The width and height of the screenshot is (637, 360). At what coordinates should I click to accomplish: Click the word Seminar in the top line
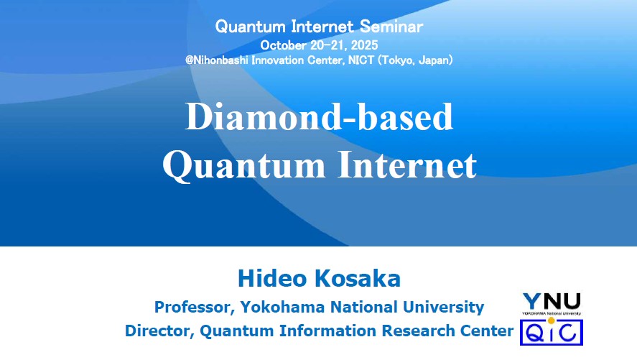click(x=391, y=27)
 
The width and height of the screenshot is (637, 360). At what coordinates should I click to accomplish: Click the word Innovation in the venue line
click(x=277, y=60)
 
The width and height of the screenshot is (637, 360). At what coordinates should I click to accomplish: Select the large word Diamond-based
click(x=319, y=116)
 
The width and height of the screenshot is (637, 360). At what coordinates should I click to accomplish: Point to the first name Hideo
click(x=272, y=279)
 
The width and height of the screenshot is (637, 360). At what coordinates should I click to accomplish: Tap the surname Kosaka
click(x=358, y=279)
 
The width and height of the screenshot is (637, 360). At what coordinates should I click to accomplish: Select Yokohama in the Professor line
click(x=283, y=307)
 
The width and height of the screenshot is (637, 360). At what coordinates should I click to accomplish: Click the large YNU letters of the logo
click(x=552, y=302)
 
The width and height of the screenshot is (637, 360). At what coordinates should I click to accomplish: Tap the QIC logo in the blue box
click(x=552, y=333)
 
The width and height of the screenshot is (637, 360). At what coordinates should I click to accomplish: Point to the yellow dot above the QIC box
click(x=552, y=320)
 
